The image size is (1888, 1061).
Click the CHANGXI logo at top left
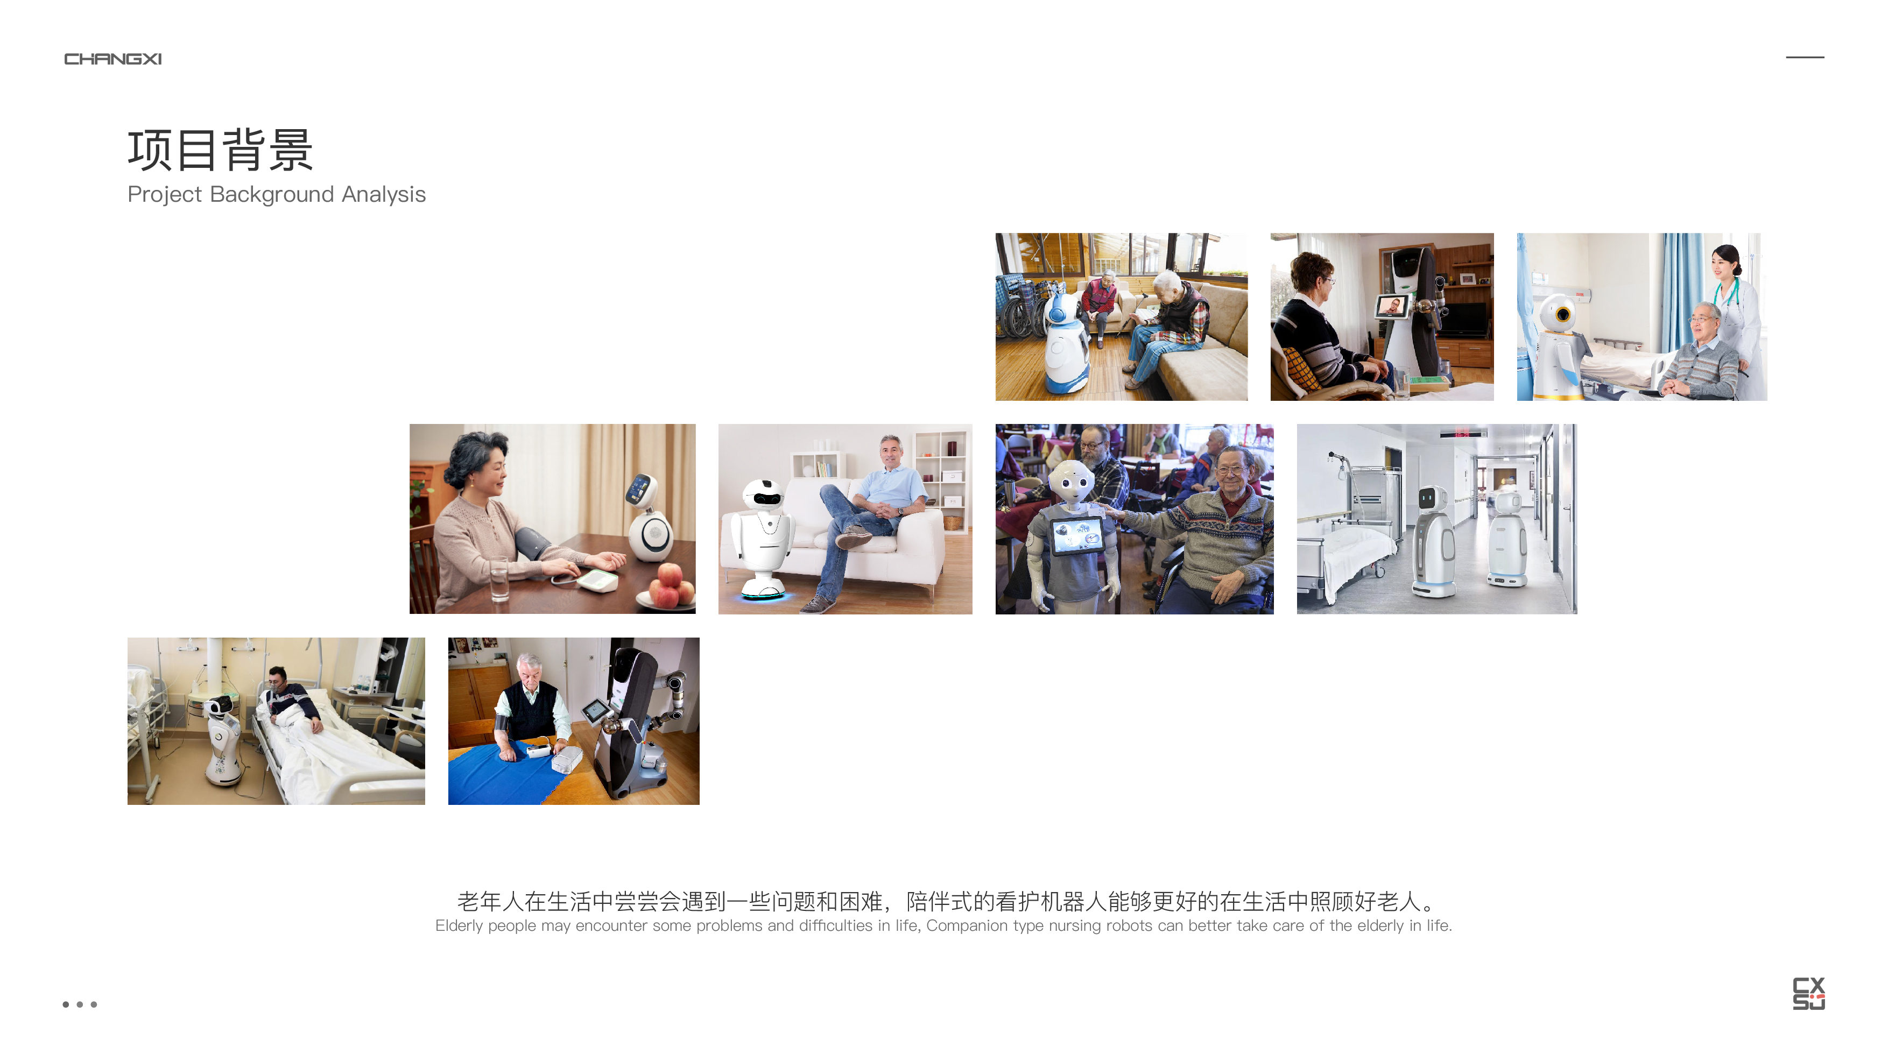(x=113, y=59)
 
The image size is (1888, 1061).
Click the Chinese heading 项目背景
(x=220, y=150)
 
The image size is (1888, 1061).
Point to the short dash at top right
(x=1805, y=57)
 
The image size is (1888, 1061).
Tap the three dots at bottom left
(x=79, y=1004)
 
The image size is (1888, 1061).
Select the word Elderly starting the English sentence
(x=459, y=925)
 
